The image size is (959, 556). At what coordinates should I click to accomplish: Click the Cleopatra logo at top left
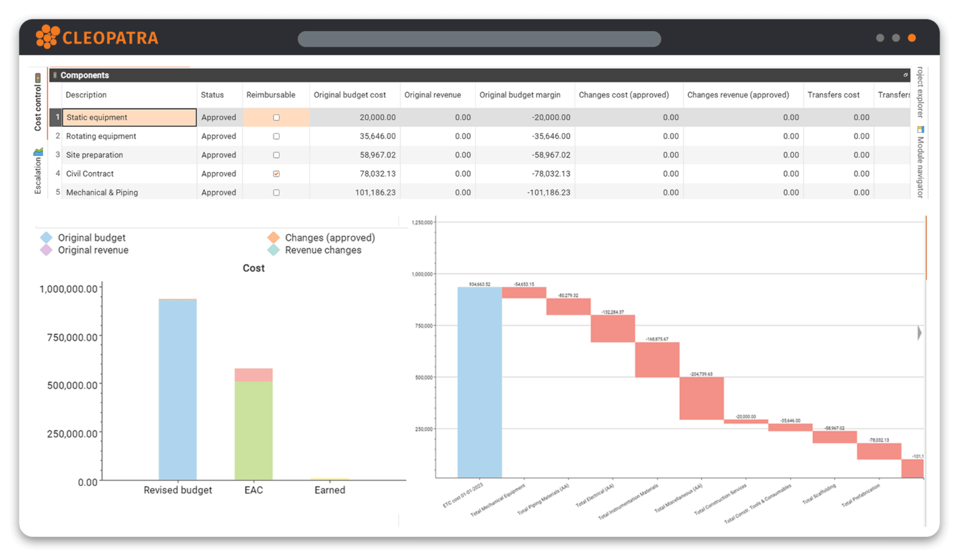(x=97, y=37)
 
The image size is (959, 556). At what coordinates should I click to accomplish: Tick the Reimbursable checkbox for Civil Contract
(x=276, y=174)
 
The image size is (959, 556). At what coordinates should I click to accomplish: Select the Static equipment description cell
(x=129, y=117)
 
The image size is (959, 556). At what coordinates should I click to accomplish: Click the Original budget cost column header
(x=350, y=95)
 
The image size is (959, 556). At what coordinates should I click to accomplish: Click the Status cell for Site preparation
(x=219, y=155)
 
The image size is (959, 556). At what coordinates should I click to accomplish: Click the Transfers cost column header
(x=833, y=95)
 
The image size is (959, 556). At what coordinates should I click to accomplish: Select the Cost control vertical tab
(x=38, y=103)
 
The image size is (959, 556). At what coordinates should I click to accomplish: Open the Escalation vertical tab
(x=38, y=172)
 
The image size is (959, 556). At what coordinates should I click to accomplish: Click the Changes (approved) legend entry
(x=329, y=238)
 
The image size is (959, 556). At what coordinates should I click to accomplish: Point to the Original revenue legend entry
(x=92, y=250)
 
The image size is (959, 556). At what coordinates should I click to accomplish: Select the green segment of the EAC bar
(x=253, y=431)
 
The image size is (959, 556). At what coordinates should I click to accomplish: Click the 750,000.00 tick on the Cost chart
(x=72, y=338)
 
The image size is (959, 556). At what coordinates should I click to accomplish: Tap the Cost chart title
(x=253, y=268)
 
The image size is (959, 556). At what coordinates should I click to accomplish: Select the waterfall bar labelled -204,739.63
(x=701, y=398)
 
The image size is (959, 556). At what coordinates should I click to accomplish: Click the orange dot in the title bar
(x=912, y=38)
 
